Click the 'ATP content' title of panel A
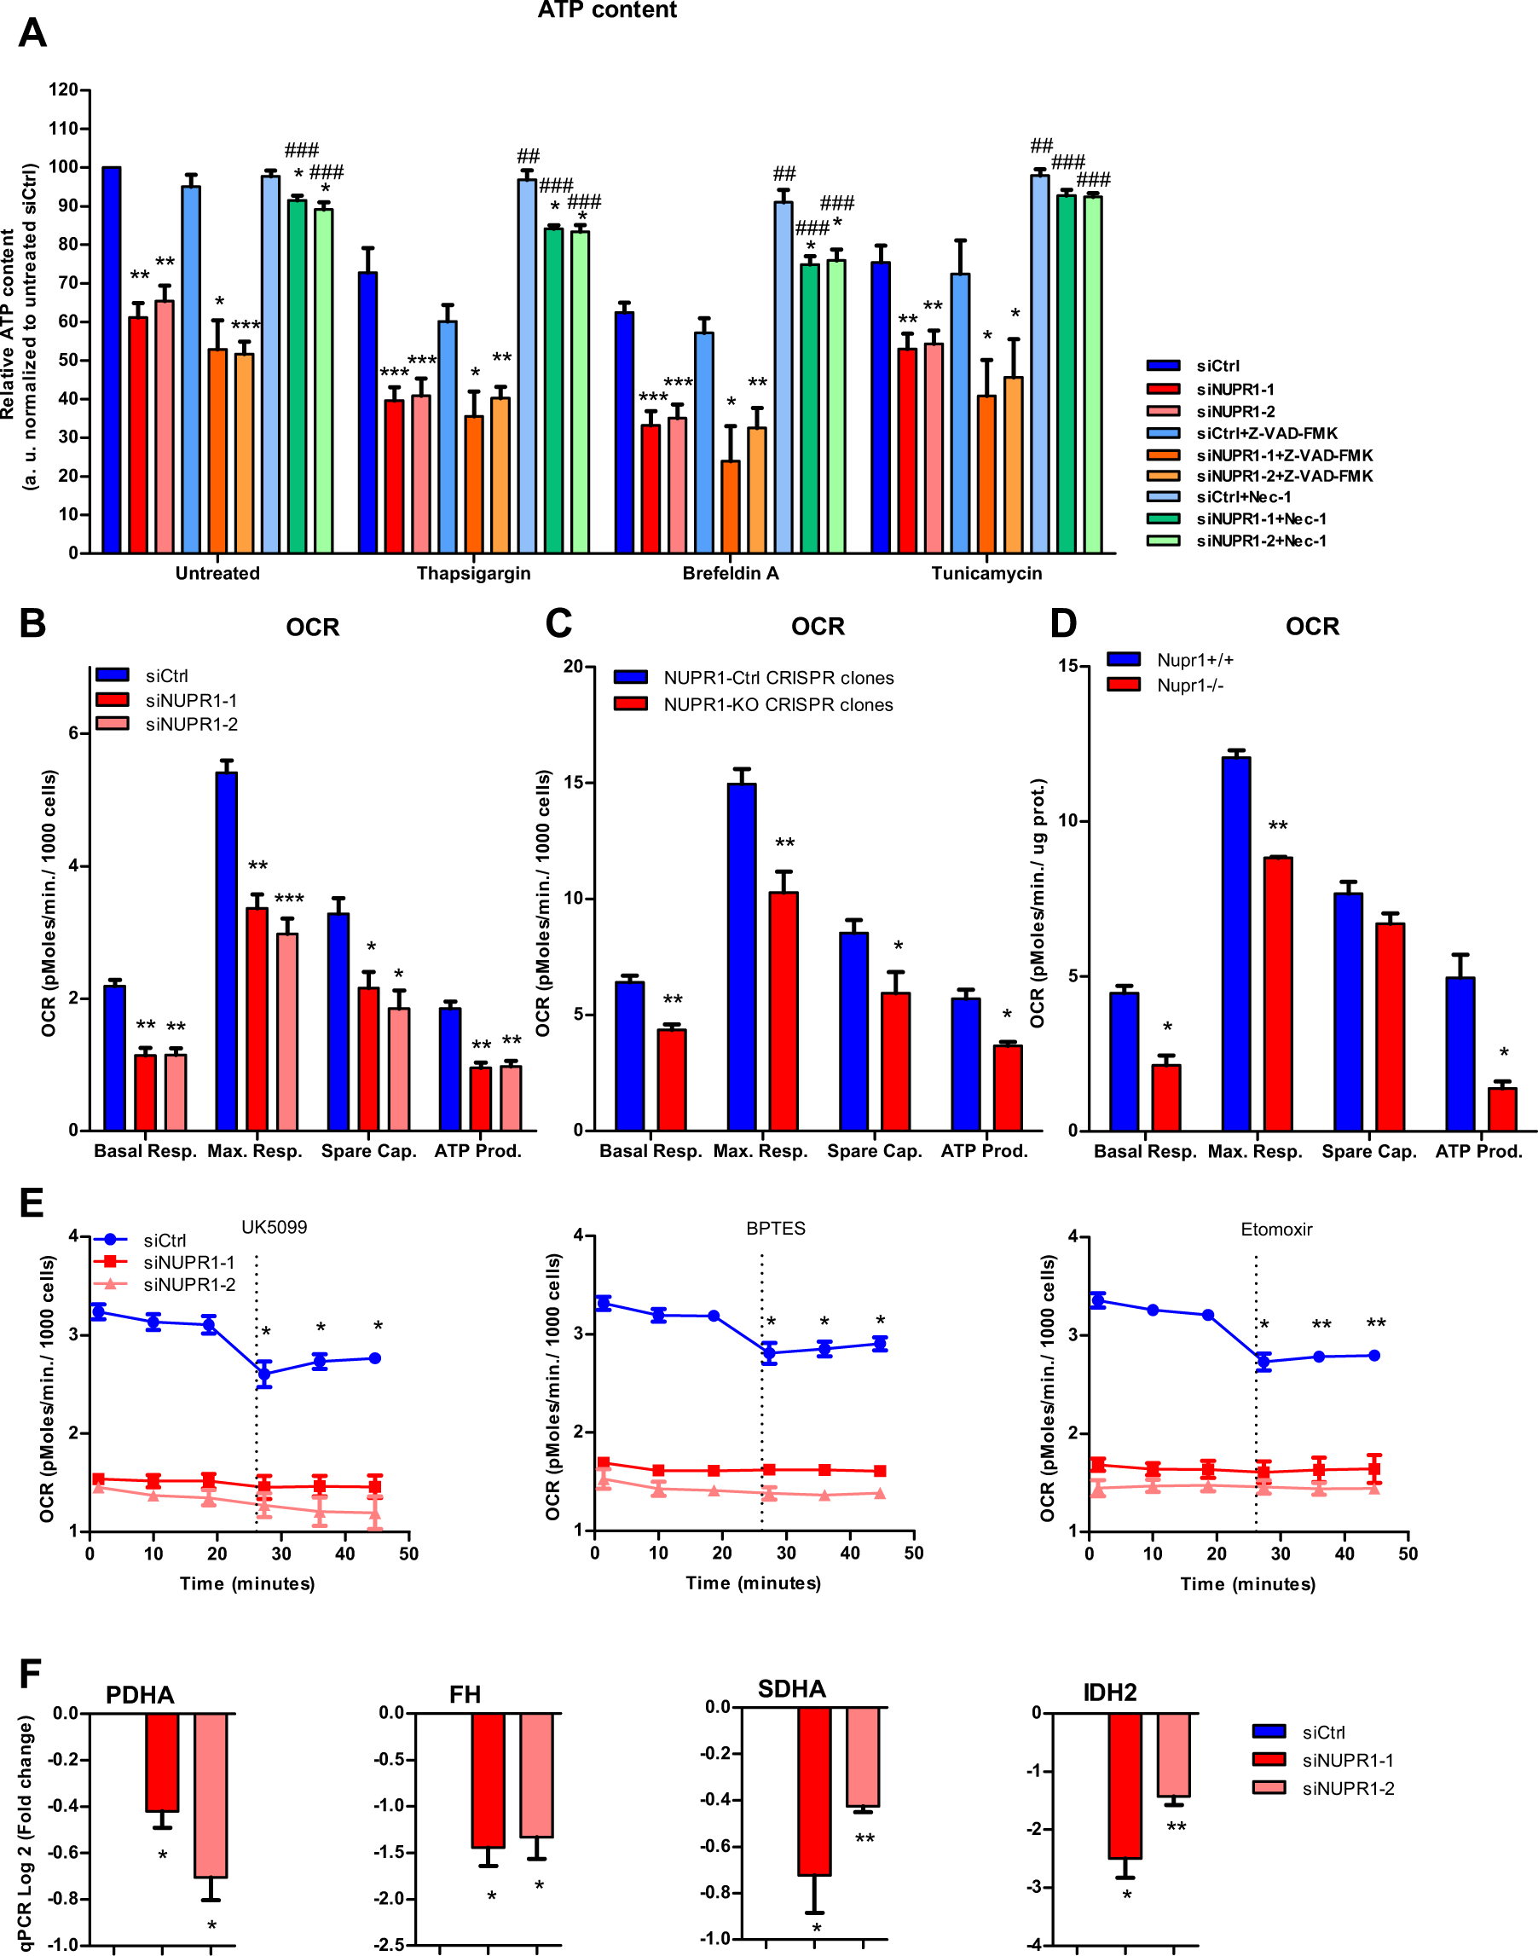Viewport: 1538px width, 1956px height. click(607, 11)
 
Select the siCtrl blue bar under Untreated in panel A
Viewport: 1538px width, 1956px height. click(112, 360)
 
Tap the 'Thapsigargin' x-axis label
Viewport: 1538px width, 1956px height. click(474, 574)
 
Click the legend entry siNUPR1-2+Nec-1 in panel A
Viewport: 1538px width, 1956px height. click(1260, 541)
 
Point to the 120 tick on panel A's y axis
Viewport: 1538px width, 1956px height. click(63, 90)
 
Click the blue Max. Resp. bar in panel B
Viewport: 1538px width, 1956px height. click(227, 950)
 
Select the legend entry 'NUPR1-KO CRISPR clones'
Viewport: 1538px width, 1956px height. click(778, 705)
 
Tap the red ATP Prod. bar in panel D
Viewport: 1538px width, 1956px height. click(1502, 1108)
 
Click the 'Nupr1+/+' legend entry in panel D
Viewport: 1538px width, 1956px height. click(1194, 660)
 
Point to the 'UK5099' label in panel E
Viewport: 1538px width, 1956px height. click(274, 1228)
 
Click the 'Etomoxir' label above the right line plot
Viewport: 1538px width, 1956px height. click(1276, 1230)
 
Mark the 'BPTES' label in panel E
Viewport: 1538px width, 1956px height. click(775, 1229)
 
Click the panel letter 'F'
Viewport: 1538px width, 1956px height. click(30, 1675)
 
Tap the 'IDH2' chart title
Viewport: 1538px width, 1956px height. click(1109, 1693)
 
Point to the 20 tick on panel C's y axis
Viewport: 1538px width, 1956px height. click(574, 668)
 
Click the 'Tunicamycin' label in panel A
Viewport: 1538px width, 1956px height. click(986, 574)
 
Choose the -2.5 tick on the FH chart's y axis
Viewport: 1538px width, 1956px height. click(390, 1945)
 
